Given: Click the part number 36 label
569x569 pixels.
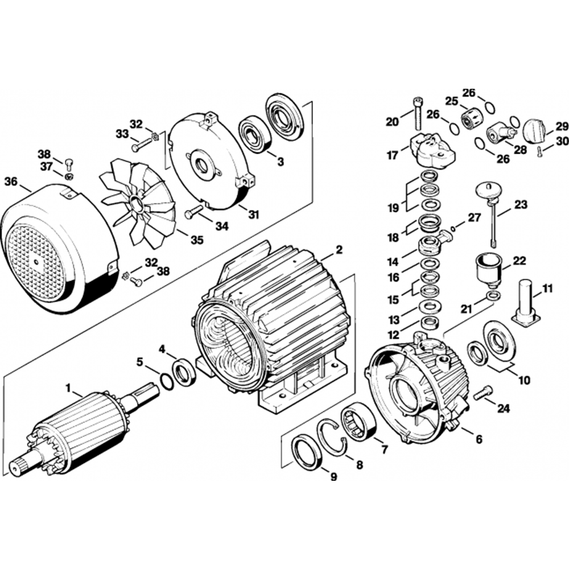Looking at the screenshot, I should [x=11, y=182].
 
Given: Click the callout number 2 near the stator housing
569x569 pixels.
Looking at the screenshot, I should [x=339, y=249].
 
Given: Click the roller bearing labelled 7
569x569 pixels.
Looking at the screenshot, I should [x=357, y=424].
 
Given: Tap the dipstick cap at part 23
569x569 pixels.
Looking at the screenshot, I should [x=487, y=190].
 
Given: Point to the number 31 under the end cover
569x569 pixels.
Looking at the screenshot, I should [x=253, y=215].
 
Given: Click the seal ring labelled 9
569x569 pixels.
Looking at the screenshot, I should [x=308, y=453].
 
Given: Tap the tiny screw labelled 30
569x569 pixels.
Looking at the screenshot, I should [x=540, y=150].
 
